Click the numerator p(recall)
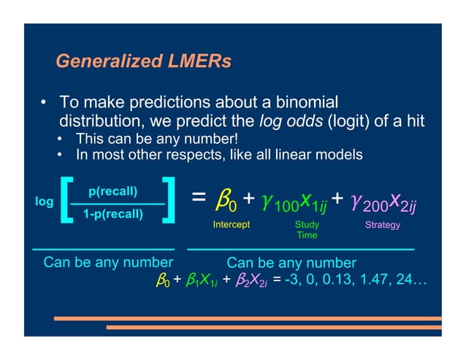112,192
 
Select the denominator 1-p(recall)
112,214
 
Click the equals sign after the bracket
197,199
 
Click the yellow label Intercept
231,225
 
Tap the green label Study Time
307,230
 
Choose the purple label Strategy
383,225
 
